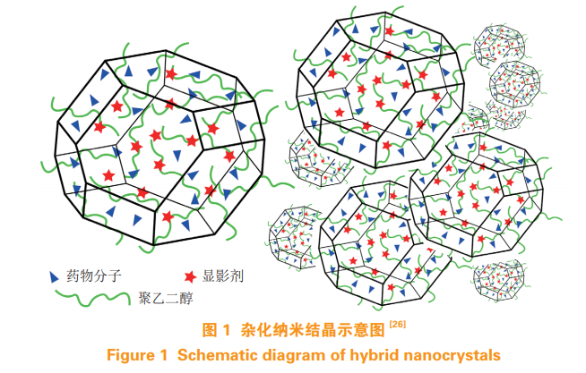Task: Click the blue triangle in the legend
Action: [54, 276]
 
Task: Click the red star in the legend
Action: [190, 276]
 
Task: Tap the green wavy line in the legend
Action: [92, 298]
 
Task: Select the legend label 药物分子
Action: [94, 276]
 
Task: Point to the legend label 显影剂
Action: [223, 276]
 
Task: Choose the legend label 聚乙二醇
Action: [166, 298]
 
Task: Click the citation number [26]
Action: [397, 324]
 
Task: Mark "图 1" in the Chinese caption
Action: [215, 330]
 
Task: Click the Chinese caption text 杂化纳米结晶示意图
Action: [313, 330]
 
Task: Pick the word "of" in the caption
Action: [338, 355]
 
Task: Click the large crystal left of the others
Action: [160, 148]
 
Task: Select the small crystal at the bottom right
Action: [498, 281]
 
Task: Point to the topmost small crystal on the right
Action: [499, 46]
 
